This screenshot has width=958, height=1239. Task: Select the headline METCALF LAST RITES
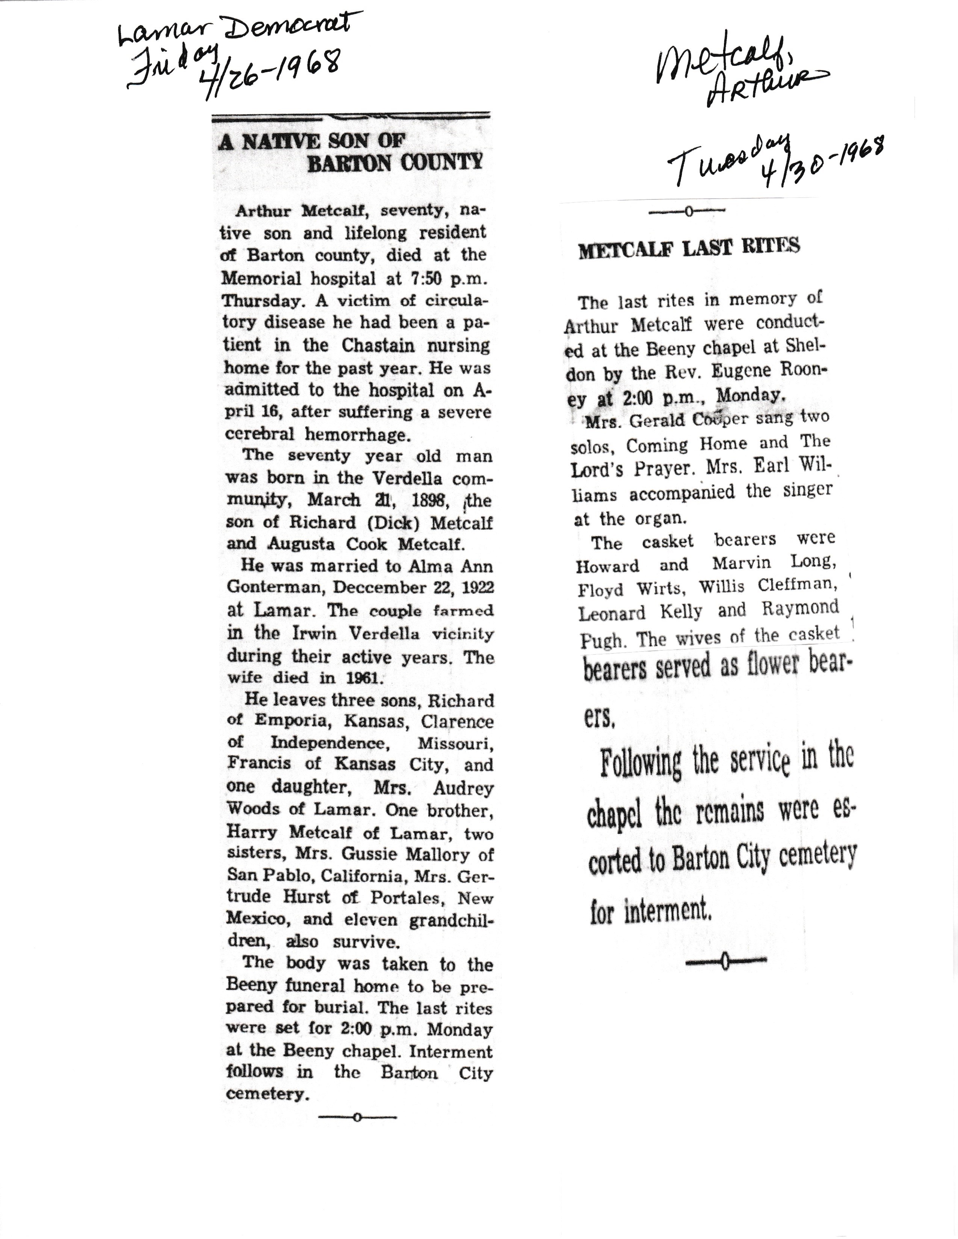689,248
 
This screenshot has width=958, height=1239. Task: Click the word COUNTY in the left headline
441,163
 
